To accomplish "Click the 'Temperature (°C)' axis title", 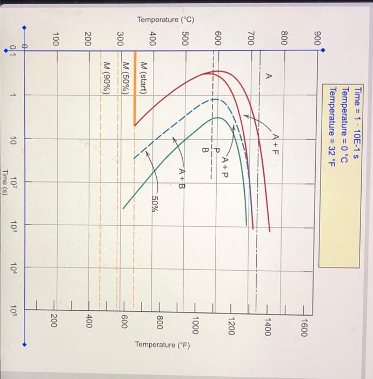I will [x=165, y=20].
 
